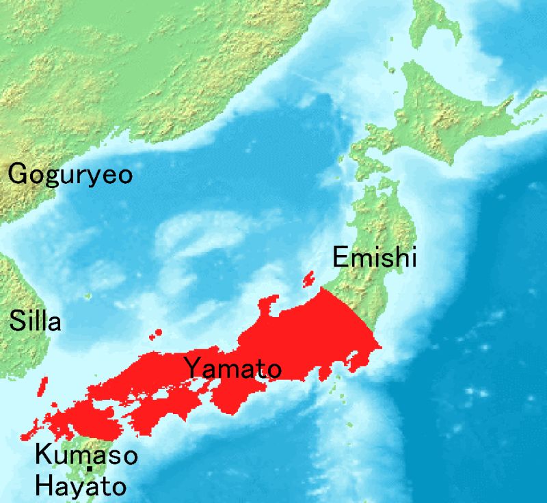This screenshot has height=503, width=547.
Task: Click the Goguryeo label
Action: point(70,175)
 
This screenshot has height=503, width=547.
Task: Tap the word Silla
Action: point(35,320)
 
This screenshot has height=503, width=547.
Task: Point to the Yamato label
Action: point(232,369)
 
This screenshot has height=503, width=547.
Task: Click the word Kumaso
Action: point(86,454)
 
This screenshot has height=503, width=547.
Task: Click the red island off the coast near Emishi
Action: point(308,279)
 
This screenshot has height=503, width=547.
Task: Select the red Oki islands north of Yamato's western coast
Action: point(157,334)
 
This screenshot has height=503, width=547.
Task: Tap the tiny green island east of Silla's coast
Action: point(88,296)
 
